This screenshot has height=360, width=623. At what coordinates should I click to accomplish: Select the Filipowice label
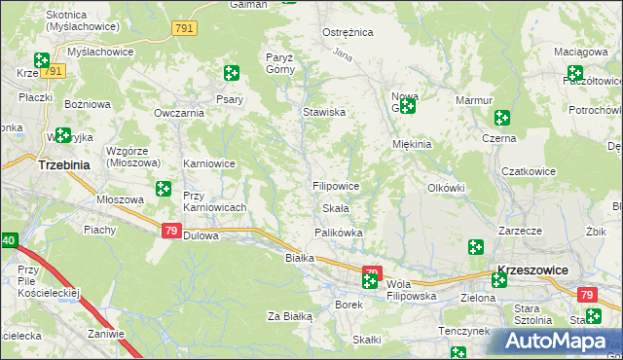(336, 185)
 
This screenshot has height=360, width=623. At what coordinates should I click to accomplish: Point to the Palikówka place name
(338, 233)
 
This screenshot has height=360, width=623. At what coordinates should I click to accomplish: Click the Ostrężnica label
(348, 32)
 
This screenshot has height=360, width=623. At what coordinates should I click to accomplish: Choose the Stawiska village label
(324, 112)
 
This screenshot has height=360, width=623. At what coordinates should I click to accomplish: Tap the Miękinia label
(411, 144)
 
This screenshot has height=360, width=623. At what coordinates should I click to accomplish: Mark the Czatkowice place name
(528, 171)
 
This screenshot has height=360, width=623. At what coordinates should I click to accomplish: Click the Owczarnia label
(178, 112)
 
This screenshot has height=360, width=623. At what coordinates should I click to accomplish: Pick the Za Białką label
(289, 316)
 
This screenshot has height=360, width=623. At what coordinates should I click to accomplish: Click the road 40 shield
(8, 240)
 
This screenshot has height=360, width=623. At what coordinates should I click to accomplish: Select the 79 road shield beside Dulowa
(170, 231)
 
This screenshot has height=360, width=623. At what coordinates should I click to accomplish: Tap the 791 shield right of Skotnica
(184, 29)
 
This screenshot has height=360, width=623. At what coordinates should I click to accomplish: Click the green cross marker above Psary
(231, 72)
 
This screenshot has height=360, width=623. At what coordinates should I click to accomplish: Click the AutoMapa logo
(558, 342)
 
